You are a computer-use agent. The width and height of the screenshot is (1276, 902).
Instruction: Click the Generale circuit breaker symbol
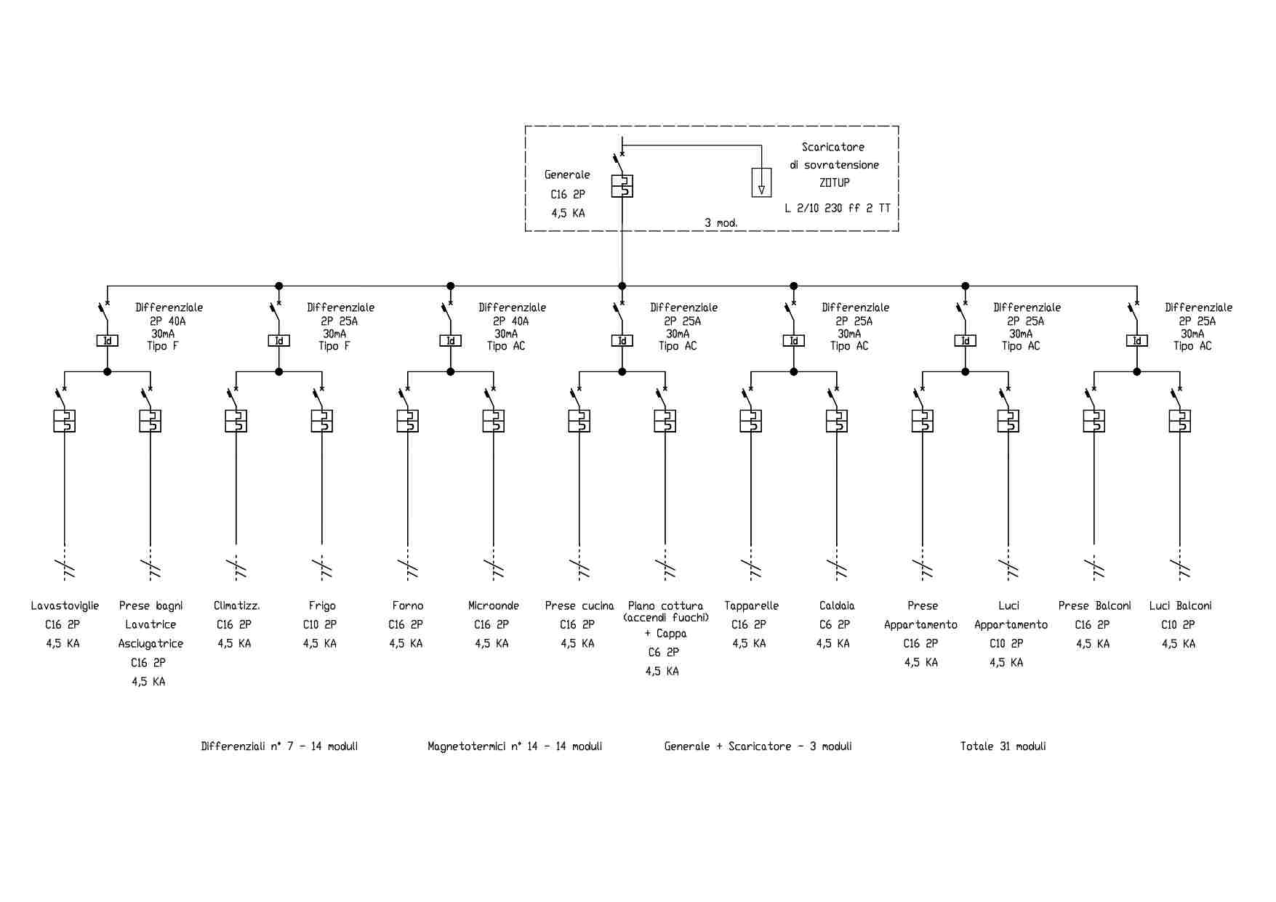click(622, 186)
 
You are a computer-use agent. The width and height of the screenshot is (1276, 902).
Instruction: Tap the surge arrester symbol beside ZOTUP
click(761, 182)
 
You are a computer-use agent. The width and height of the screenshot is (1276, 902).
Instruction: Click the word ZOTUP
click(834, 182)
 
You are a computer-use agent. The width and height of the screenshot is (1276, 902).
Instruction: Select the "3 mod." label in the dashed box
click(721, 222)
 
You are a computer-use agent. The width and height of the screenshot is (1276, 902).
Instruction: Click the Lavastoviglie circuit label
click(65, 605)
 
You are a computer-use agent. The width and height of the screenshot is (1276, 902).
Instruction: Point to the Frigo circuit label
click(322, 605)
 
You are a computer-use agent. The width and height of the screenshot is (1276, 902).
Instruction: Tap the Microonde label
click(494, 605)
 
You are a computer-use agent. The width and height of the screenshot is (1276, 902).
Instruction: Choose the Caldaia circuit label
click(837, 605)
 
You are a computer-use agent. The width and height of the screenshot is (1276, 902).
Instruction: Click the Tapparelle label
click(751, 605)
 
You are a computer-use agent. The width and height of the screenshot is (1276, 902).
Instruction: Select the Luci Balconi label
click(1180, 605)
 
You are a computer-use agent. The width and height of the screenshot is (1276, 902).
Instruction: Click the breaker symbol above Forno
click(408, 421)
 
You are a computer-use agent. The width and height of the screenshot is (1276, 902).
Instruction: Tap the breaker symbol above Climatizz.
click(236, 421)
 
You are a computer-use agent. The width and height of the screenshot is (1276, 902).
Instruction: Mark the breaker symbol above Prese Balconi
click(1094, 421)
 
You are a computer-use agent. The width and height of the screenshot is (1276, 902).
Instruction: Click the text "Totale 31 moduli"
click(1003, 746)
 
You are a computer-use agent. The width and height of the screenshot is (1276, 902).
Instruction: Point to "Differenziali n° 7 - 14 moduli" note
click(279, 746)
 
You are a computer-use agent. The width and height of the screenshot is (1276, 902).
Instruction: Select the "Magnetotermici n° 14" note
click(515, 746)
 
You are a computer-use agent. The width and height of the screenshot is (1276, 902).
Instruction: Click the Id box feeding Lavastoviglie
click(108, 340)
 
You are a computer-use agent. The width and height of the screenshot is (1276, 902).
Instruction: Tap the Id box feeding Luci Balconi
click(1137, 340)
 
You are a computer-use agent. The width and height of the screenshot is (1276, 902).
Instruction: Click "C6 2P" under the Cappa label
click(663, 652)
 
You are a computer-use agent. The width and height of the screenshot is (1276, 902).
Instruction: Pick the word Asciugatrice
click(151, 643)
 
